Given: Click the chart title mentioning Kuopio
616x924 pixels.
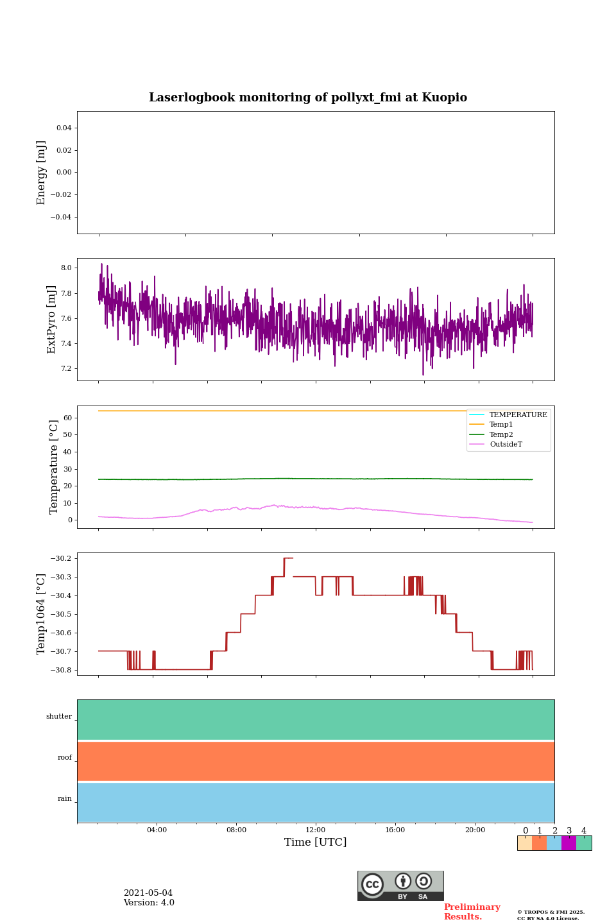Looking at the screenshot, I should (x=308, y=98).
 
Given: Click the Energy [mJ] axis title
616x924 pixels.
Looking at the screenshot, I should (x=42, y=173).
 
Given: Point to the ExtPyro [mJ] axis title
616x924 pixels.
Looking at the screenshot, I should (x=51, y=320).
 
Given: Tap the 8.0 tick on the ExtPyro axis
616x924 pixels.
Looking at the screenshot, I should (x=66, y=268).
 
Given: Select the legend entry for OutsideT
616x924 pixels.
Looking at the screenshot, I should (x=506, y=445).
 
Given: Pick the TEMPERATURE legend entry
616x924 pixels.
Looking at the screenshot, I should (x=518, y=415).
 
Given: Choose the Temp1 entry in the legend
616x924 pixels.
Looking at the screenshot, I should (x=501, y=425).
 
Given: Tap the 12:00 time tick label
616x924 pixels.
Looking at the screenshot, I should (x=316, y=830).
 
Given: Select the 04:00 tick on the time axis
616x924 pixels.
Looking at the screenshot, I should (x=157, y=830).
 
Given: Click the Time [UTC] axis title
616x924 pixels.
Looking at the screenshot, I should (x=316, y=843).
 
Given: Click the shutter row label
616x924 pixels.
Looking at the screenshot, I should (x=59, y=717).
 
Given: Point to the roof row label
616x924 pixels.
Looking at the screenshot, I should (x=65, y=758).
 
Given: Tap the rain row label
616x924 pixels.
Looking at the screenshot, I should (x=65, y=799).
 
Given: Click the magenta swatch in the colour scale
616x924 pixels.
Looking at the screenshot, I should (x=569, y=843).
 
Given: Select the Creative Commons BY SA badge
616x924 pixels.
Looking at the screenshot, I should (x=400, y=886).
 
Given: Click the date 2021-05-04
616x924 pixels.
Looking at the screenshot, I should (x=148, y=893).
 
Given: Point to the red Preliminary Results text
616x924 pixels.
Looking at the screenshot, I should (x=472, y=912).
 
